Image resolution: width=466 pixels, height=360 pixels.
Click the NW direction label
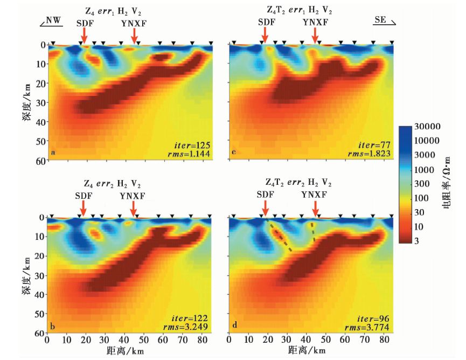53,20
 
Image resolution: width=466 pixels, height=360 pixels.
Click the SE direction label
380,20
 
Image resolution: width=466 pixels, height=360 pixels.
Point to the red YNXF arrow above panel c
315,36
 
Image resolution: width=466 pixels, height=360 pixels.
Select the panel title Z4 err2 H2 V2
113,183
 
